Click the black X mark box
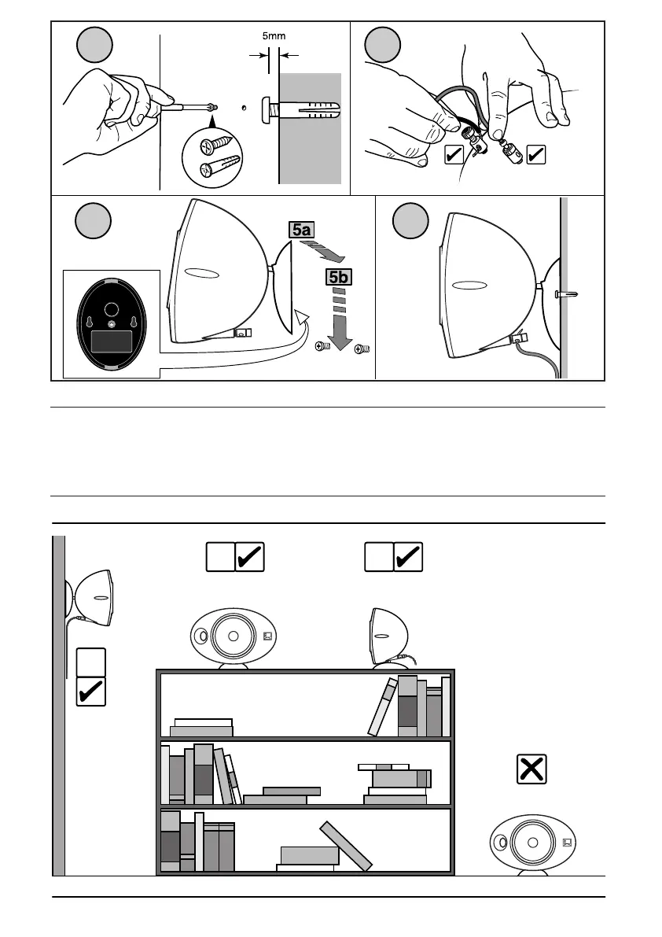pyautogui.click(x=532, y=769)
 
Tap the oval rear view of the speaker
pyautogui.click(x=112, y=324)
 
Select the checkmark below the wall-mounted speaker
pyautogui.click(x=90, y=691)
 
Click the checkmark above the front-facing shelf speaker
pyautogui.click(x=249, y=557)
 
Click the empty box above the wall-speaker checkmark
pyautogui.click(x=90, y=662)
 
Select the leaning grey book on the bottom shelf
pyautogui.click(x=346, y=846)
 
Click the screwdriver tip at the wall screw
pyautogui.click(x=212, y=108)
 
